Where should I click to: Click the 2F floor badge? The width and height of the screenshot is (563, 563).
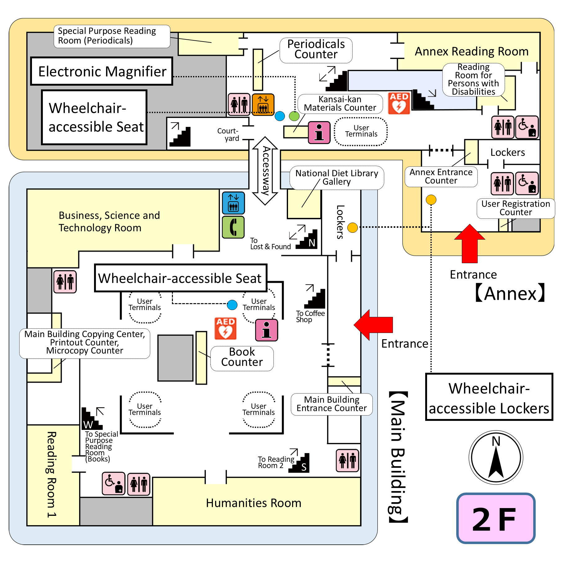496,518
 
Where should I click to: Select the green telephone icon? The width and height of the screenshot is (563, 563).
233,227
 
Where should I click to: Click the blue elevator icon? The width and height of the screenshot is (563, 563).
233,203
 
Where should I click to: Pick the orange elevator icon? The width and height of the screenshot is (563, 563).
263,104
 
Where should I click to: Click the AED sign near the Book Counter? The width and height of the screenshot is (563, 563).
226,328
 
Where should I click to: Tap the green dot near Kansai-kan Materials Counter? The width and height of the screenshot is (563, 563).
294,116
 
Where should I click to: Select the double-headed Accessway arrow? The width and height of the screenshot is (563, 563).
265,171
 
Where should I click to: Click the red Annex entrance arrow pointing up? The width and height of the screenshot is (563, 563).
470,244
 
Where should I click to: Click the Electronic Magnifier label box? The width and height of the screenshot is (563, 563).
102,71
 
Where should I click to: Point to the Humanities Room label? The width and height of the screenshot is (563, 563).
254,503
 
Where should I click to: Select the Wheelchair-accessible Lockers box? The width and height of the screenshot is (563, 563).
489,397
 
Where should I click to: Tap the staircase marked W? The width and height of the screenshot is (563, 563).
91,419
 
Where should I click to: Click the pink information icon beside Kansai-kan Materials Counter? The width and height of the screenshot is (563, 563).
319,133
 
